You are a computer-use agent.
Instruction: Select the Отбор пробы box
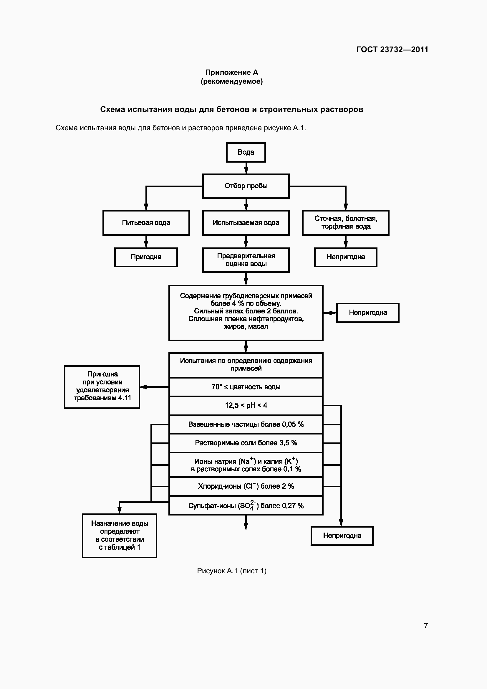click(246, 186)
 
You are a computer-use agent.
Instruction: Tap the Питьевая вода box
click(146, 223)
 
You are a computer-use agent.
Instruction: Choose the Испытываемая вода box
click(246, 223)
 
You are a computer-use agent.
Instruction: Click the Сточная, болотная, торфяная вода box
click(345, 223)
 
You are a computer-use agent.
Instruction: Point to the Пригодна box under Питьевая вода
click(146, 257)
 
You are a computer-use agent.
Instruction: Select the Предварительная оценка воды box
click(246, 260)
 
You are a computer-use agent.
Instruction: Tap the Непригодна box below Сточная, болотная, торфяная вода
click(345, 257)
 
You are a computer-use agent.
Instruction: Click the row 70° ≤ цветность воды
click(246, 387)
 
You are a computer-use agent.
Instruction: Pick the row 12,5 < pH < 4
click(246, 405)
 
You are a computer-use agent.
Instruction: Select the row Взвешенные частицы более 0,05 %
click(246, 424)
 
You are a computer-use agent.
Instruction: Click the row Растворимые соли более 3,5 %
click(246, 443)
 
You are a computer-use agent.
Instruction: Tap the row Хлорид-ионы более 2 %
click(246, 486)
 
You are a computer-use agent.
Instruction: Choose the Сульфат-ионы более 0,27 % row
click(246, 506)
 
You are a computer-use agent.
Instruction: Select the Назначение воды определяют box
click(119, 535)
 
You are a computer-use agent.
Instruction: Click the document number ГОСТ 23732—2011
click(392, 49)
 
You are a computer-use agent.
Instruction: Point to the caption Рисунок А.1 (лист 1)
click(231, 571)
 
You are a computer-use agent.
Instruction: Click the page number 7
click(425, 626)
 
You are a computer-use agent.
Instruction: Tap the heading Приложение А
click(231, 72)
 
